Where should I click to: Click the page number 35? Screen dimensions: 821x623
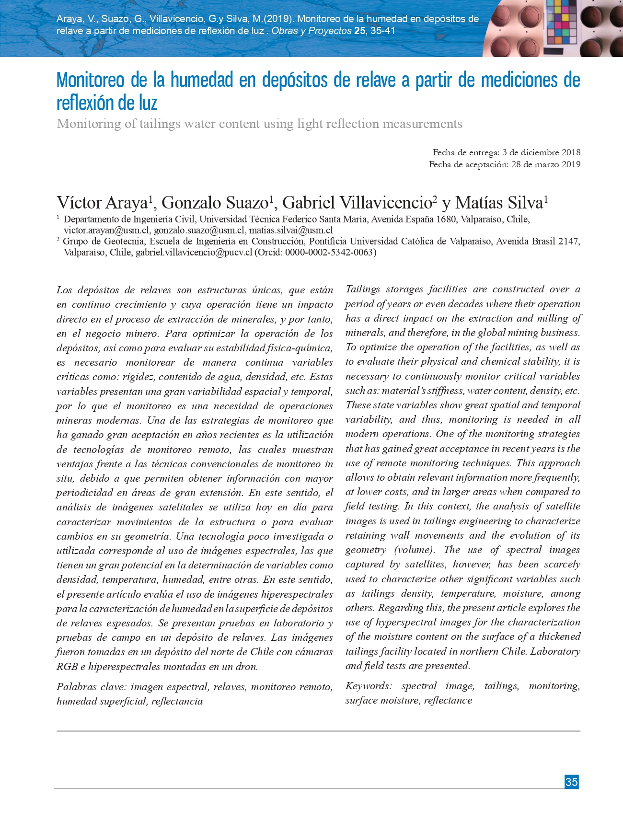click(x=571, y=782)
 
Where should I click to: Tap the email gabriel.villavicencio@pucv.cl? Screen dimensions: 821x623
click(x=194, y=252)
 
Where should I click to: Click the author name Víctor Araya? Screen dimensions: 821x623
click(x=102, y=203)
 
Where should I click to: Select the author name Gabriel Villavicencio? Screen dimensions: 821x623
click(x=357, y=203)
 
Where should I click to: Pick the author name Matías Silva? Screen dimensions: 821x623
click(x=498, y=203)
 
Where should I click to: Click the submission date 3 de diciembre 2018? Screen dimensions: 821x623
click(x=541, y=152)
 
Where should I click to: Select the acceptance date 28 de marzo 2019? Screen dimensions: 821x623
click(x=545, y=164)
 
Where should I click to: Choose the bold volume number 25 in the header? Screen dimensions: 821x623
click(x=359, y=31)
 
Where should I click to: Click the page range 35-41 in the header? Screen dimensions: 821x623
click(x=383, y=31)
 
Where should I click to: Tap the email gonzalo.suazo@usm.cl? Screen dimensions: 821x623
click(x=199, y=230)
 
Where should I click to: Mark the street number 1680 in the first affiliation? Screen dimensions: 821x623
click(x=446, y=220)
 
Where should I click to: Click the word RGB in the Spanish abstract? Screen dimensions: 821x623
click(x=67, y=667)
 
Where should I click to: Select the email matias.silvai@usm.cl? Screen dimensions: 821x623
click(x=291, y=230)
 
